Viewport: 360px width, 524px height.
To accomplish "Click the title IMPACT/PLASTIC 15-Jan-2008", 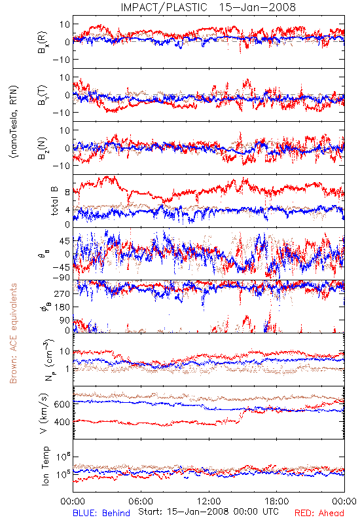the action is [208, 7].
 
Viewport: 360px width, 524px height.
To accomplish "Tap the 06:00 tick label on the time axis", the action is [141, 501].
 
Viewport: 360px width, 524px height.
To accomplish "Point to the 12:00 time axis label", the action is [209, 501].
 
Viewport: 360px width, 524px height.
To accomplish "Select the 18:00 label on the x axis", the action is [277, 501].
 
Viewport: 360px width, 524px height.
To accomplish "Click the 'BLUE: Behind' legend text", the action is [101, 513].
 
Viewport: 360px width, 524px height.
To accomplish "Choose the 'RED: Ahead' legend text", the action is [319, 513].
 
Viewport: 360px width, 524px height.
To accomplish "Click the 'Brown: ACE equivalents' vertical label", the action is [13, 333].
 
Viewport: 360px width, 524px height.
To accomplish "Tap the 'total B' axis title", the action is [54, 201].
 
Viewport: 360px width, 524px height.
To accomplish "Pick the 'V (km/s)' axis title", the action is [44, 413].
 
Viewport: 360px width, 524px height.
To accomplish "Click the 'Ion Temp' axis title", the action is [45, 466].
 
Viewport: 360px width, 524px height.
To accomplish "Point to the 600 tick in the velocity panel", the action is [62, 404].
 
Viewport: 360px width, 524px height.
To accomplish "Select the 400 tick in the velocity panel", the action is [62, 422].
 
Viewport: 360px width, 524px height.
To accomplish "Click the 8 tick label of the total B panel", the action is [67, 192].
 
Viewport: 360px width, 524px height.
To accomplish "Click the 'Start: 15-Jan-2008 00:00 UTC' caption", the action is [208, 512].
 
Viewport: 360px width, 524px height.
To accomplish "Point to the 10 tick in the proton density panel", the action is [64, 351].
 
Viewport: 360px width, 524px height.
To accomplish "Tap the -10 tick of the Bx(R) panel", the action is [60, 60].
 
